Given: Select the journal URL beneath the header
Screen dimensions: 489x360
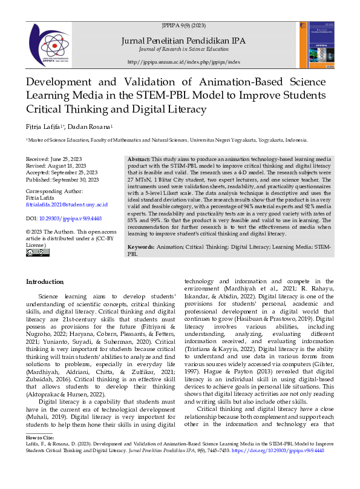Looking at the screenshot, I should (184, 62).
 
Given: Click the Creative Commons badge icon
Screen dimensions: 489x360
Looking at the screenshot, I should (34, 252).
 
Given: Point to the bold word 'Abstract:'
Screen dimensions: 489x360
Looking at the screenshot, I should (139, 159).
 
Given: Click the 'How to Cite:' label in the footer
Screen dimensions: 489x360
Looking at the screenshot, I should (40, 437).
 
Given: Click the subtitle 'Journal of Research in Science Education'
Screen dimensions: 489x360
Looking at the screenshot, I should (184, 49).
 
